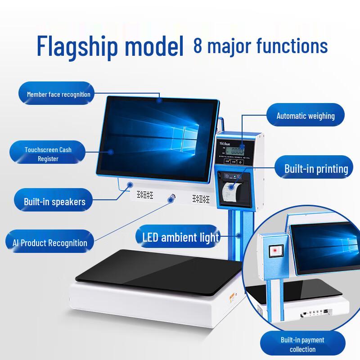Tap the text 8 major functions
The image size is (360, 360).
tap(260, 45)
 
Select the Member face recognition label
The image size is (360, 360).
tap(58, 94)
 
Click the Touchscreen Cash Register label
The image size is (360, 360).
tap(48, 154)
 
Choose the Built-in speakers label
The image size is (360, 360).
tap(54, 202)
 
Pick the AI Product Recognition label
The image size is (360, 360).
tap(47, 243)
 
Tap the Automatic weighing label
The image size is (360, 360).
tap(305, 116)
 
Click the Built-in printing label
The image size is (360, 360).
tap(316, 169)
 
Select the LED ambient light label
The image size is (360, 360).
tap(180, 237)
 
